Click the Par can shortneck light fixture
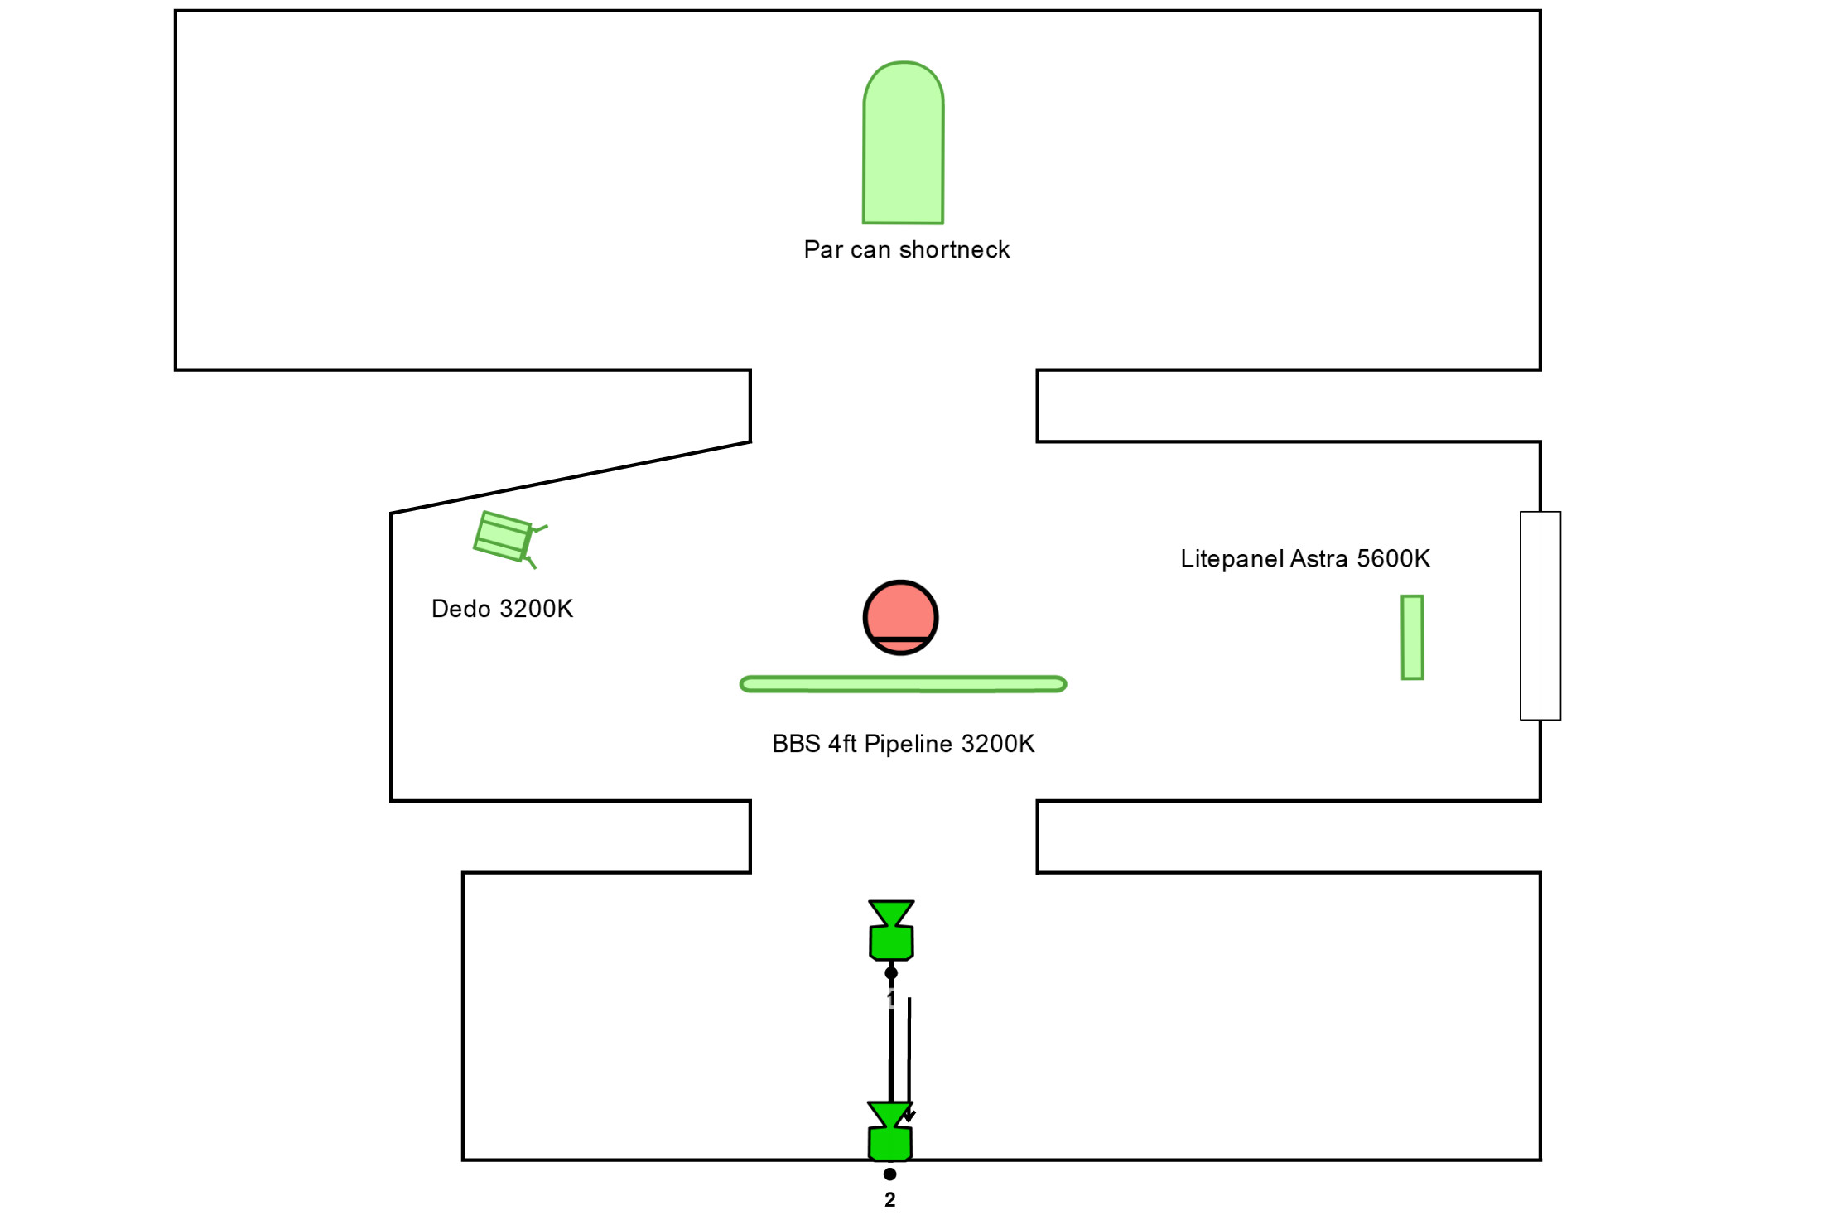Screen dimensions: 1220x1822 coord(903,145)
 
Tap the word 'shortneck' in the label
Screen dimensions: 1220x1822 coord(954,250)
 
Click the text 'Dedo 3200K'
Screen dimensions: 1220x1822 coord(502,609)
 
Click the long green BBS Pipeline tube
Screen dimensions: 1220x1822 coord(903,684)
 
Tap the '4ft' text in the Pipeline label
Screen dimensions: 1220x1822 coord(842,744)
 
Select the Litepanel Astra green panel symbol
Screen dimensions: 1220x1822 coord(1412,637)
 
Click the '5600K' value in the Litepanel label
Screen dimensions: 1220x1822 coord(1393,559)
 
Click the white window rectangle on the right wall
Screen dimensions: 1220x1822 coord(1540,615)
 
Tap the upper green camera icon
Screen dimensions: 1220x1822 coord(891,931)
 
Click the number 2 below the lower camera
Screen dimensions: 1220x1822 coord(889,1200)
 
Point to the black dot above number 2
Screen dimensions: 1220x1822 coord(889,1174)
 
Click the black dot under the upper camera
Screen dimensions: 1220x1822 coord(891,973)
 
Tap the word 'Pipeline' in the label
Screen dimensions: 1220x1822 coord(908,744)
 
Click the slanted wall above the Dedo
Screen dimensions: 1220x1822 coord(571,478)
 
